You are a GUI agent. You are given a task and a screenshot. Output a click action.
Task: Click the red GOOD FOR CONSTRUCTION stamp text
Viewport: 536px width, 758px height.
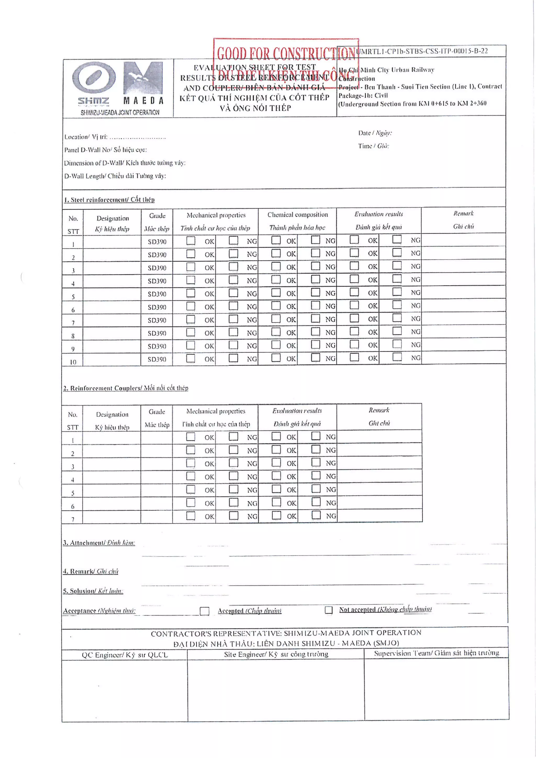pyautogui.click(x=286, y=53)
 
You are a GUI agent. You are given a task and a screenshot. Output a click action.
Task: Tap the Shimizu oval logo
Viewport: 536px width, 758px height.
pyautogui.click(x=94, y=78)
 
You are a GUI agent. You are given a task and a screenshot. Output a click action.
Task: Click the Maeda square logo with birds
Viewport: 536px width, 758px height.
pyautogui.click(x=143, y=78)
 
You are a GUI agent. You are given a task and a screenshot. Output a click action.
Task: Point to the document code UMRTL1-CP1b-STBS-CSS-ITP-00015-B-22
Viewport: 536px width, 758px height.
pyautogui.click(x=422, y=51)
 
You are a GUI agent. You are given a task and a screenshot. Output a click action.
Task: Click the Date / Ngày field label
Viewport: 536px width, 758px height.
pyautogui.click(x=375, y=133)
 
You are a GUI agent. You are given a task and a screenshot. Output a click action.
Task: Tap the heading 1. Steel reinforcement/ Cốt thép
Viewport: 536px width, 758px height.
pyautogui.click(x=109, y=200)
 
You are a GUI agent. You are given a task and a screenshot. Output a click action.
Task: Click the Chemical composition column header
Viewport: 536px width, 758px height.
pyautogui.click(x=297, y=215)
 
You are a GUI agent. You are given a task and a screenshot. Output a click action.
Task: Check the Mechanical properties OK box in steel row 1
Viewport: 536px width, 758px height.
pyautogui.click(x=191, y=240)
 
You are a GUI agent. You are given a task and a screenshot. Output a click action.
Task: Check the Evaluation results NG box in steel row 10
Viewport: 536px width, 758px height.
pyautogui.click(x=397, y=357)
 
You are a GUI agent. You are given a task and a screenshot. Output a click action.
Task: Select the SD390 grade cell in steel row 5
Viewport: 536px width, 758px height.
pyautogui.click(x=157, y=294)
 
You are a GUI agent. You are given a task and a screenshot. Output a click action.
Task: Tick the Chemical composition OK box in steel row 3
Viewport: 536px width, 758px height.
pyautogui.click(x=276, y=267)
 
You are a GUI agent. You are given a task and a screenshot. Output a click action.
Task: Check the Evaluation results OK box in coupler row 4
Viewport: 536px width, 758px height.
pyautogui.click(x=276, y=476)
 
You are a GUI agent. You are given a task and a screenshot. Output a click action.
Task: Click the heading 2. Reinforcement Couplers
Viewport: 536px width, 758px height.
pyautogui.click(x=126, y=388)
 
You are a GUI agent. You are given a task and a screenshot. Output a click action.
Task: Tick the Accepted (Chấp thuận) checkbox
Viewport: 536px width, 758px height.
pyautogui.click(x=205, y=611)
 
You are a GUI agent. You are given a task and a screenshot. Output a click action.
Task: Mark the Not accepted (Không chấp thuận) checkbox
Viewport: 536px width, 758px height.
pyautogui.click(x=328, y=610)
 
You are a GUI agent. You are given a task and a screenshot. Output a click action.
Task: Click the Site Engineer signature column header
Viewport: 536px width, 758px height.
pyautogui.click(x=276, y=654)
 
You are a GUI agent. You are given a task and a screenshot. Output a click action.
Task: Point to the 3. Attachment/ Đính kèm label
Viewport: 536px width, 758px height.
pyautogui.click(x=99, y=543)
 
